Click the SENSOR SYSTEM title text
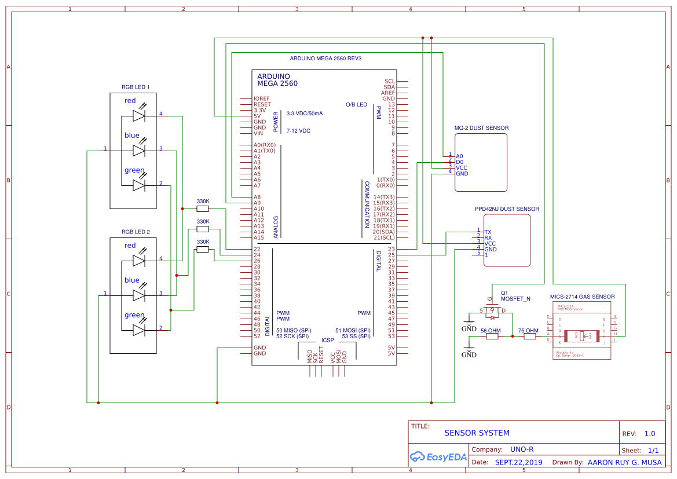[477, 433]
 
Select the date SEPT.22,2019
[518, 462]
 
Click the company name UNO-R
[521, 449]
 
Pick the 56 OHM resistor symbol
[491, 336]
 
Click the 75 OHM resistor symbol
[529, 336]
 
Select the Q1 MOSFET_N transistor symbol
[492, 313]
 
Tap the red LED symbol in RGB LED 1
[138, 116]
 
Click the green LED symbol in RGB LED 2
[138, 330]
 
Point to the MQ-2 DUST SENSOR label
[481, 128]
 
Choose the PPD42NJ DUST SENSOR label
[506, 209]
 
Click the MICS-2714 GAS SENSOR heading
[582, 297]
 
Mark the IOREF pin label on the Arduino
[261, 98]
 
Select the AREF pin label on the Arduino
[387, 93]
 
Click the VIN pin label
[258, 133]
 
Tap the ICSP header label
[327, 340]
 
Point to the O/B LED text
[356, 104]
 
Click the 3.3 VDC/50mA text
[304, 113]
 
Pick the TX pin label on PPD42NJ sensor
[488, 232]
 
